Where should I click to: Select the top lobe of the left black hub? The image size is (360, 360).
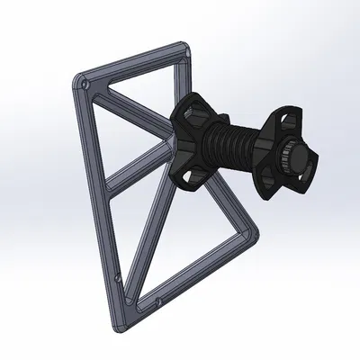click(191, 112)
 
